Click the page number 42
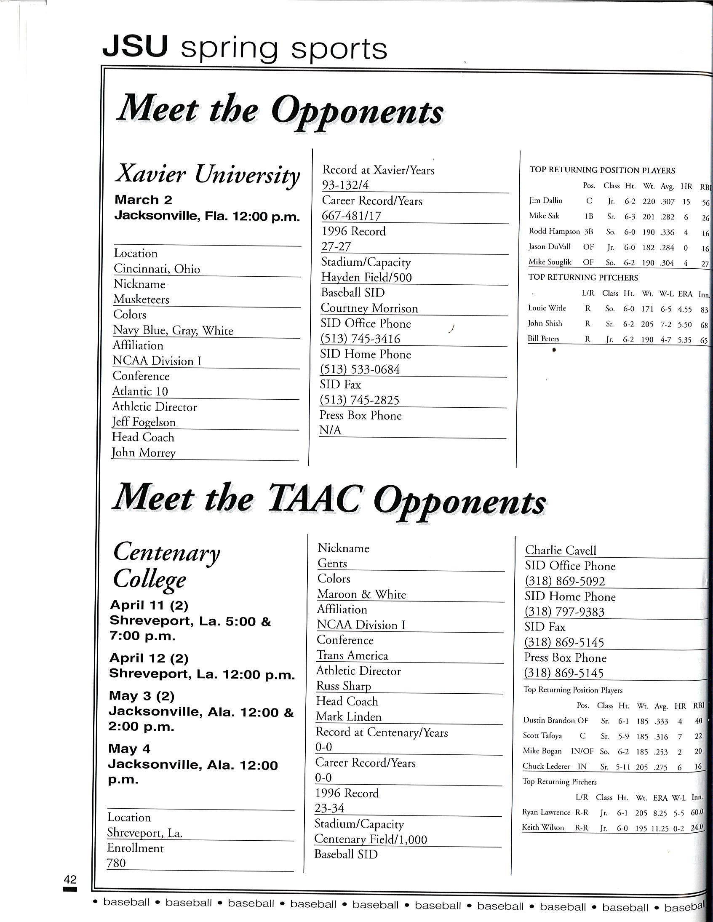70,879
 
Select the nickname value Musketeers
141,299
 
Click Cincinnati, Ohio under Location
157,269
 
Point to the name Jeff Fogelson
144,422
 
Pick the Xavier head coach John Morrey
144,452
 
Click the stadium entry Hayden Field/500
366,278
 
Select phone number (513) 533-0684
360,369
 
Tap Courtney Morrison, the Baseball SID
369,308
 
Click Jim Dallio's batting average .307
668,202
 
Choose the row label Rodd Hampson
554,231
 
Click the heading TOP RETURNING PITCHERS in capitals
583,278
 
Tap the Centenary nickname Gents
332,564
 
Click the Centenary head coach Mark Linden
348,717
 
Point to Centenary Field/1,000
371,839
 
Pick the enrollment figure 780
116,863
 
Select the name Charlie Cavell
561,551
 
